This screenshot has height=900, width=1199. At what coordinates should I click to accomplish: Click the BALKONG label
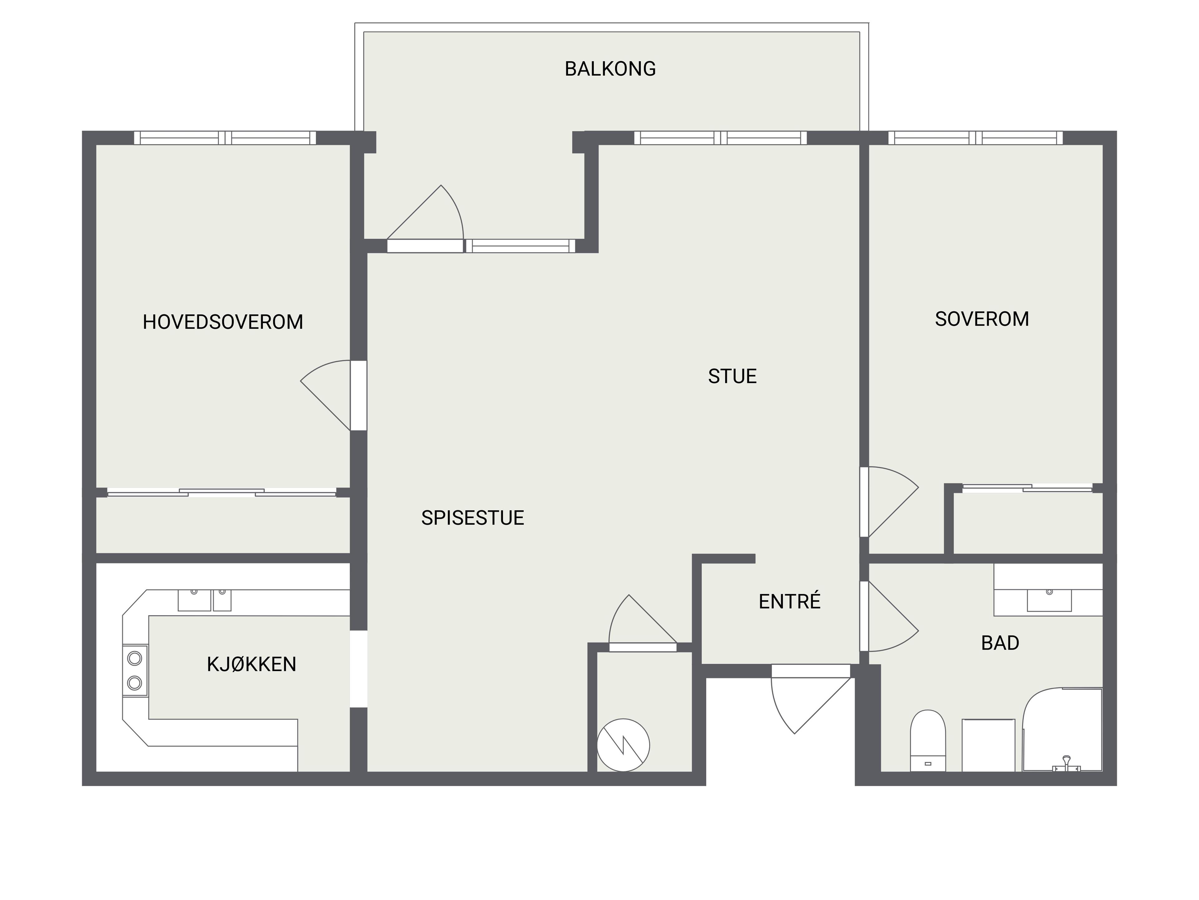[610, 69]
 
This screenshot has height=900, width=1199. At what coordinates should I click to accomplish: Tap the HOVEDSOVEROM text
[223, 322]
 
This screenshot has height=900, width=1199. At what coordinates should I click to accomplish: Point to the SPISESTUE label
[473, 518]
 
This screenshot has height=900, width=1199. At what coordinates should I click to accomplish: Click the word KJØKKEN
[251, 665]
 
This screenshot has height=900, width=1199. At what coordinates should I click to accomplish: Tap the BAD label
[1000, 643]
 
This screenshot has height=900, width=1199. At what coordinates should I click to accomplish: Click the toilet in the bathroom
[928, 741]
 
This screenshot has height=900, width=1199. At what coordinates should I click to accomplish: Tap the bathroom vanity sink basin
[1049, 600]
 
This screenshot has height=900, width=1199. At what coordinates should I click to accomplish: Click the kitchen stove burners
[135, 671]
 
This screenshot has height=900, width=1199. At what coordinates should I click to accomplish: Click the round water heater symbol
[623, 745]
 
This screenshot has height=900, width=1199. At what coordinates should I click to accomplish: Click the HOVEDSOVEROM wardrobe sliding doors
[222, 492]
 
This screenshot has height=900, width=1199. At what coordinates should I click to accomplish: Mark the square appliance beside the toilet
[989, 745]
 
